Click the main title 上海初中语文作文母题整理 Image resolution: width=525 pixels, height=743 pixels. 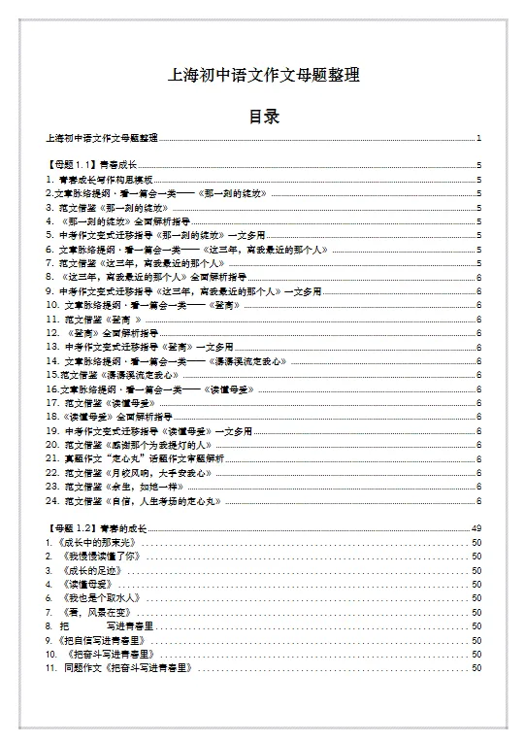264,75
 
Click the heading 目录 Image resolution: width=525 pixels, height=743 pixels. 264,117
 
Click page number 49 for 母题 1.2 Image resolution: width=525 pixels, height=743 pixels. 476,527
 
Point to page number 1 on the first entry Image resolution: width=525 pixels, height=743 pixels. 479,139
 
